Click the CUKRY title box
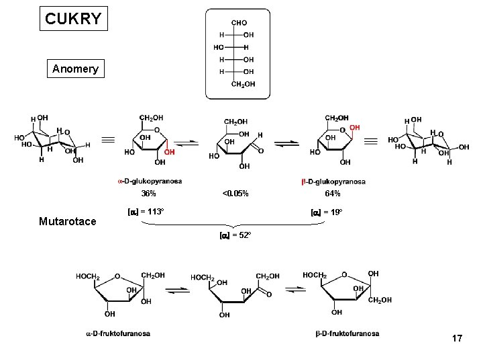click(73, 19)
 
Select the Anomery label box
click(75, 69)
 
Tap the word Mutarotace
click(67, 221)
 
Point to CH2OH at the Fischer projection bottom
click(243, 84)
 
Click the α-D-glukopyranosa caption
click(150, 182)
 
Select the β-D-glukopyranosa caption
click(333, 182)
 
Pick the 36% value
click(149, 194)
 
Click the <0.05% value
click(235, 194)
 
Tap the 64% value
click(333, 194)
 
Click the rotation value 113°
click(146, 212)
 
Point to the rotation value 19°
click(327, 212)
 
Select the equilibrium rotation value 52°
click(235, 235)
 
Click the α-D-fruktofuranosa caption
click(118, 333)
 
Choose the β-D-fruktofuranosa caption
click(347, 333)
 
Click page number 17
click(457, 338)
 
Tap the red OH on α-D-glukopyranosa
click(170, 151)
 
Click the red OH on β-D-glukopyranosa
click(354, 128)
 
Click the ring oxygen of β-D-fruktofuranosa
click(345, 274)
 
